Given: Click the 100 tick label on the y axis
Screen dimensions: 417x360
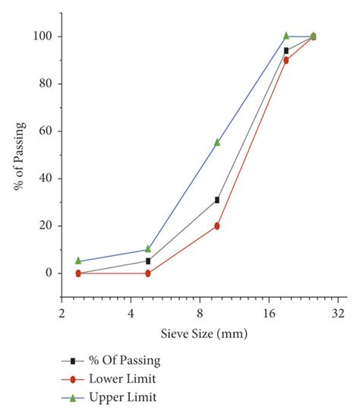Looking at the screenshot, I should [x=43, y=36].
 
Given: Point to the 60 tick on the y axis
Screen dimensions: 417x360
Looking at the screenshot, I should [x=46, y=131].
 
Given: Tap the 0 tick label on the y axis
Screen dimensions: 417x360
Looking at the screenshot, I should [x=49, y=273].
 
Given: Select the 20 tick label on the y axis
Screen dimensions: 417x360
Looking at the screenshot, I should [x=46, y=226].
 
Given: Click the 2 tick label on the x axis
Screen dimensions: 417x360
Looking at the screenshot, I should [x=62, y=314].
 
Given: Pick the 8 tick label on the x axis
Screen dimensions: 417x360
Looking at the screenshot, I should [x=200, y=314].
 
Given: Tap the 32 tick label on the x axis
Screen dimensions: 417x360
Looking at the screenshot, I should [x=338, y=314].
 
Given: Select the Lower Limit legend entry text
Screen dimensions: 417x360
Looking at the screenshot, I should [x=124, y=378].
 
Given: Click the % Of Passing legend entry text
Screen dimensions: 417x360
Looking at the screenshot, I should [x=125, y=360].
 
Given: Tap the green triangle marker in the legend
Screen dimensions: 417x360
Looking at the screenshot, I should [x=73, y=396].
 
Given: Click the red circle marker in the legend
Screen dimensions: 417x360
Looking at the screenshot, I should [x=73, y=378].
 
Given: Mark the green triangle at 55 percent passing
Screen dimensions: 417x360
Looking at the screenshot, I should [x=217, y=142].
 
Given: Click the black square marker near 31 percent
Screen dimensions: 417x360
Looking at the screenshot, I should [x=217, y=200].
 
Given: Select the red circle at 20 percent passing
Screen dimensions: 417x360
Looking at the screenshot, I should [x=217, y=226].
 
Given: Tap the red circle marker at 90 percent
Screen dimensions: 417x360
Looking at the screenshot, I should [x=286, y=60].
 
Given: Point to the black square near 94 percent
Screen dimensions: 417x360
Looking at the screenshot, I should [x=286, y=50].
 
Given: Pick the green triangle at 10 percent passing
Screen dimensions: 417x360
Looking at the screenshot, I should [x=148, y=249].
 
